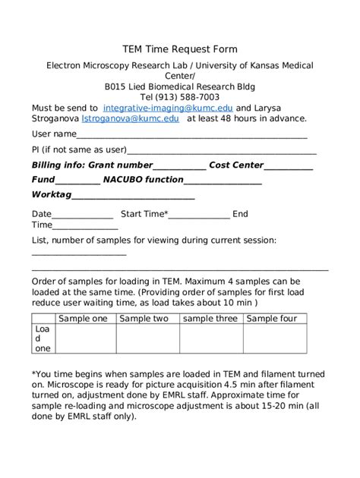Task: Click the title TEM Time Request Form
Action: pos(181,49)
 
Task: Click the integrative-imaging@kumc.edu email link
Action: pos(168,108)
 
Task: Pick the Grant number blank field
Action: pos(179,166)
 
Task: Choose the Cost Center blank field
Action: pos(289,166)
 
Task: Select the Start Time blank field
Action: pos(199,215)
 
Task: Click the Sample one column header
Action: pos(83,319)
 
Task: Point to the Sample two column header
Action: pos(144,319)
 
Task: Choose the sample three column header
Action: pos(210,319)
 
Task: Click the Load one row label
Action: pos(43,339)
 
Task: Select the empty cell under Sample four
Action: pos(276,339)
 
